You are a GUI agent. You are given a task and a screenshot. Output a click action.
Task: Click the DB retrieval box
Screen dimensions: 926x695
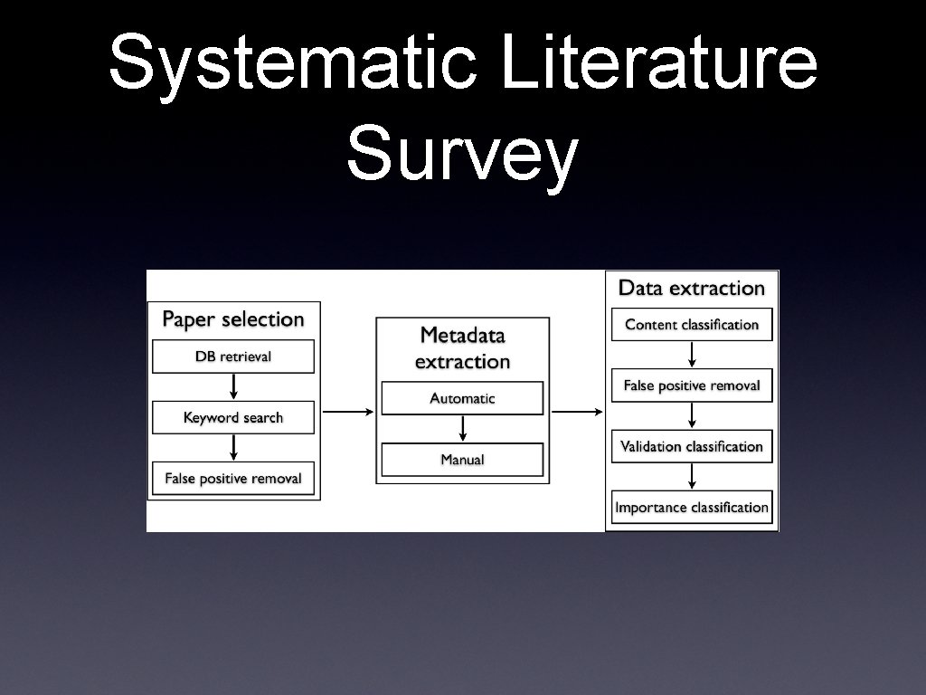pyautogui.click(x=233, y=357)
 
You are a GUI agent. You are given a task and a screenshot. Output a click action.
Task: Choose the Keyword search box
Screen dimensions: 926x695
pyautogui.click(x=233, y=417)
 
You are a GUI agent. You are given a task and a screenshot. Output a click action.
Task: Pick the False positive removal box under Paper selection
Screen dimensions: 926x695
pyautogui.click(x=233, y=478)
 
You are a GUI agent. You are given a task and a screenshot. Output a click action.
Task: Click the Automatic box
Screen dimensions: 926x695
pyautogui.click(x=462, y=398)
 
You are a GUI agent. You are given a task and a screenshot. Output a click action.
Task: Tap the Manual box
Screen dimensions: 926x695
pyautogui.click(x=462, y=460)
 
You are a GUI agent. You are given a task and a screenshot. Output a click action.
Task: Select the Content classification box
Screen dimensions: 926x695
pyautogui.click(x=692, y=324)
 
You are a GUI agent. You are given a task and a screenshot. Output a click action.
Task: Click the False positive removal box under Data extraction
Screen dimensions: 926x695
pyautogui.click(x=692, y=386)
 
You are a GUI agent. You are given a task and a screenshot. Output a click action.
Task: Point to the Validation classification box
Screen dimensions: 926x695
pyautogui.click(x=692, y=446)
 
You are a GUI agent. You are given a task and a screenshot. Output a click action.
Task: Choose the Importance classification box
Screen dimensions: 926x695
pyautogui.click(x=692, y=508)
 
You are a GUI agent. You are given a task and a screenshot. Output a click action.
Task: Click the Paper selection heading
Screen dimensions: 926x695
pyautogui.click(x=233, y=319)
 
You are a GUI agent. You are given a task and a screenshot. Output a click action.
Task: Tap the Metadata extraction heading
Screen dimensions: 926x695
pyautogui.click(x=462, y=348)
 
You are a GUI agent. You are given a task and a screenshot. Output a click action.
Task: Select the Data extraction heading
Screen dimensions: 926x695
pyautogui.click(x=692, y=289)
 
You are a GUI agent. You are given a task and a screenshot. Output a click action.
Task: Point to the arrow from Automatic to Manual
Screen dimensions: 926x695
pyautogui.click(x=462, y=429)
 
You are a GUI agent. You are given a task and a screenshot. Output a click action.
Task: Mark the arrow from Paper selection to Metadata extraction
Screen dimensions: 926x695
pyautogui.click(x=347, y=412)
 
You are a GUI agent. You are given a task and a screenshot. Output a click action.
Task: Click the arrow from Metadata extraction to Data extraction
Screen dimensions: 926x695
pyautogui.click(x=577, y=412)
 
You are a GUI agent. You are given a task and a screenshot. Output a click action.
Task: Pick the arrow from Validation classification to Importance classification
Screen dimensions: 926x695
pyautogui.click(x=692, y=477)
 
